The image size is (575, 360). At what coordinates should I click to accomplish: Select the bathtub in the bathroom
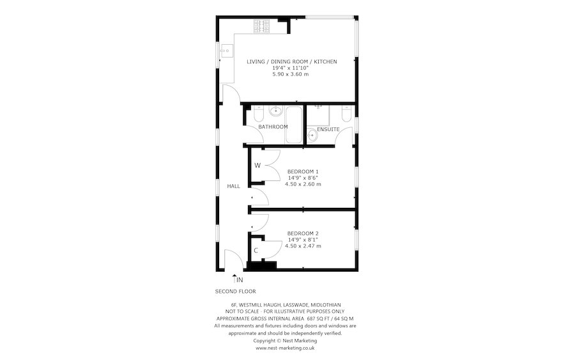click(294, 125)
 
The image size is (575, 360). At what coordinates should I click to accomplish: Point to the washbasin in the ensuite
click(312, 135)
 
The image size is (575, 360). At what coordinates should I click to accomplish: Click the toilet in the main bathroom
click(258, 114)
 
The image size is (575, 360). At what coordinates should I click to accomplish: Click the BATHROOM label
click(273, 127)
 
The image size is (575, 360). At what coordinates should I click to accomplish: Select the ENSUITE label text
click(328, 130)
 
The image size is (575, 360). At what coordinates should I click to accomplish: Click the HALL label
click(234, 186)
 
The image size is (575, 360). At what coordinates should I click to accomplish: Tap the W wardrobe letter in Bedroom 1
click(257, 166)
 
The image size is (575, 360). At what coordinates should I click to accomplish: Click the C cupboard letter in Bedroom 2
click(256, 251)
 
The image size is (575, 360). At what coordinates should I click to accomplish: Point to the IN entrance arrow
click(235, 278)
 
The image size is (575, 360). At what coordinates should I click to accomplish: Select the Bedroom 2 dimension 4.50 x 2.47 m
click(303, 246)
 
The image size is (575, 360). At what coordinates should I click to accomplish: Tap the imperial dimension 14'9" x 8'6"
click(303, 178)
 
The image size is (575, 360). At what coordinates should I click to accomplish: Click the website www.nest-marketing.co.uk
click(285, 348)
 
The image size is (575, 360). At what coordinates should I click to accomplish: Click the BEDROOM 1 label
click(303, 171)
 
